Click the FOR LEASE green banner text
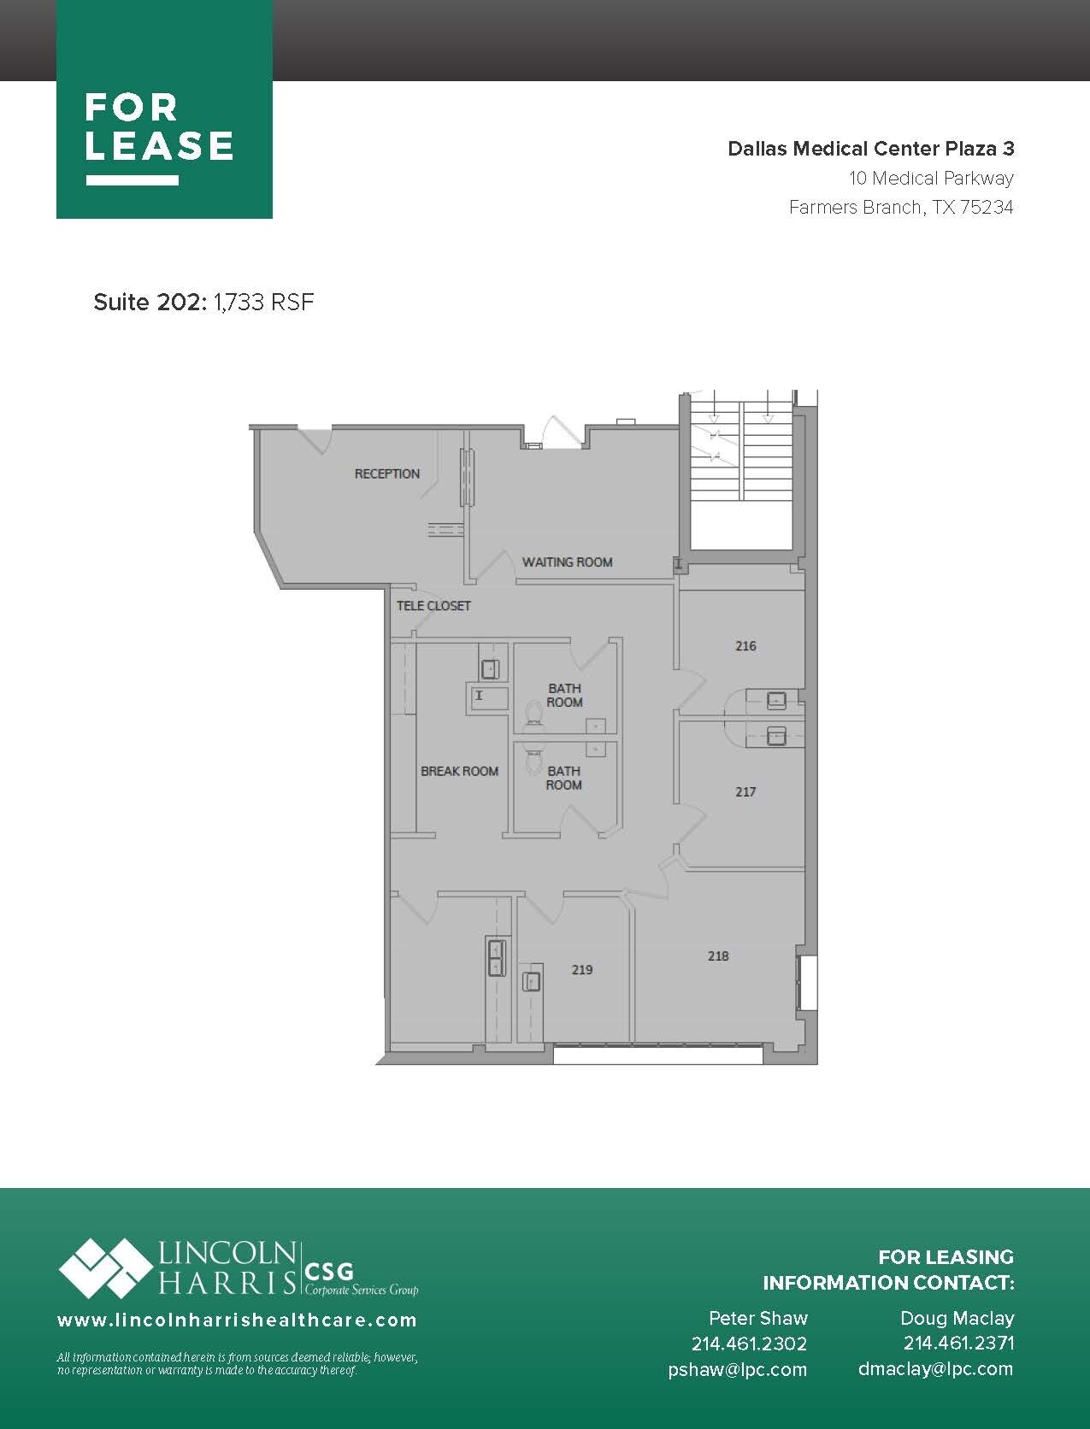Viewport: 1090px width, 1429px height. pyautogui.click(x=159, y=129)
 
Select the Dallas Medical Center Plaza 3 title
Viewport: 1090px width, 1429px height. pyautogui.click(x=870, y=149)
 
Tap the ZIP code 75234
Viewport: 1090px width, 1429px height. pyautogui.click(x=987, y=208)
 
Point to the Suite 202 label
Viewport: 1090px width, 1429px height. pyautogui.click(x=150, y=303)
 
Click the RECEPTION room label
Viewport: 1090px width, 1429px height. pyautogui.click(x=387, y=473)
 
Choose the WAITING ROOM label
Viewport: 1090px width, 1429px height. pyautogui.click(x=568, y=562)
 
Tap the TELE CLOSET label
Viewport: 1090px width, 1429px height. pyautogui.click(x=433, y=606)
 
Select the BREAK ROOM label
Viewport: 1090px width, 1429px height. pyautogui.click(x=459, y=771)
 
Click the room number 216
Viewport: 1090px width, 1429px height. pyautogui.click(x=745, y=646)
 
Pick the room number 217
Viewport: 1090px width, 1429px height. pyautogui.click(x=745, y=792)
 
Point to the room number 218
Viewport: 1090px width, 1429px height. pyautogui.click(x=718, y=956)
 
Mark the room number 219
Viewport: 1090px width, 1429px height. pyautogui.click(x=582, y=970)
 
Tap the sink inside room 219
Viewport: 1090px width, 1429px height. pyautogui.click(x=531, y=981)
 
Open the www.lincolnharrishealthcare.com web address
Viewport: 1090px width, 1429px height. pyautogui.click(x=237, y=1320)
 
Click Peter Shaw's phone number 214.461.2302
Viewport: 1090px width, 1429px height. pyautogui.click(x=749, y=1344)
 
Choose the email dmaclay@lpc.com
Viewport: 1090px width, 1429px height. pyautogui.click(x=935, y=1369)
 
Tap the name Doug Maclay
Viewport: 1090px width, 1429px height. pyautogui.click(x=957, y=1318)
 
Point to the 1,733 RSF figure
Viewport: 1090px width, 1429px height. pyautogui.click(x=264, y=303)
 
